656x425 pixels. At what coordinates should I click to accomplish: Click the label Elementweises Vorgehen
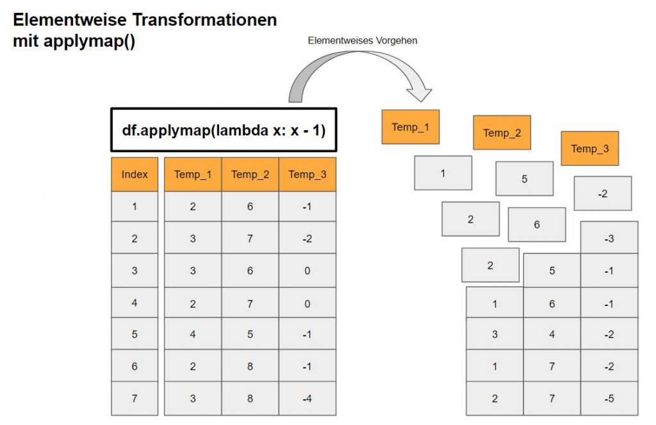tap(362, 40)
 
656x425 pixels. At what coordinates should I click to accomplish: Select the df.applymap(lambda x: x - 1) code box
tap(224, 131)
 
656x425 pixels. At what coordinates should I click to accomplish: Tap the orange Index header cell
tap(135, 174)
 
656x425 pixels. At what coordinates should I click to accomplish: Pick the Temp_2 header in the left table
tap(250, 174)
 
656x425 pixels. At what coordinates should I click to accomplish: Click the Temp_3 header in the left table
tap(307, 174)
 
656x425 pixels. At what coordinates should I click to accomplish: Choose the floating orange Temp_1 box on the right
tap(410, 127)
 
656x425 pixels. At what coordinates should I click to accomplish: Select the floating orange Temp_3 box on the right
tap(589, 148)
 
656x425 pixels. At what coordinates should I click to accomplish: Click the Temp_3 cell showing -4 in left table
tap(307, 398)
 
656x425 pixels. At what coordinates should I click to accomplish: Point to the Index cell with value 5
tap(135, 334)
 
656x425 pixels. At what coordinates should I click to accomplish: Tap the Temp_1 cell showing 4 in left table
tap(193, 334)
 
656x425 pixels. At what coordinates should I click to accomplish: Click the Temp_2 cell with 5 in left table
tap(250, 334)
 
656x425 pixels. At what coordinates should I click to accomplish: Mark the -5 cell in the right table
tap(609, 398)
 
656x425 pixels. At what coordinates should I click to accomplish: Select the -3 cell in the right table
tap(609, 238)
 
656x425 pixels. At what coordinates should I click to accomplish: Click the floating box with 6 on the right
tap(537, 224)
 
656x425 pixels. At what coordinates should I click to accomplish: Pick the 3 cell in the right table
tap(495, 334)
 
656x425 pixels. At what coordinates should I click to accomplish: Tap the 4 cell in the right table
tap(552, 334)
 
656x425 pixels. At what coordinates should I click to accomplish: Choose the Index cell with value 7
tap(135, 398)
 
